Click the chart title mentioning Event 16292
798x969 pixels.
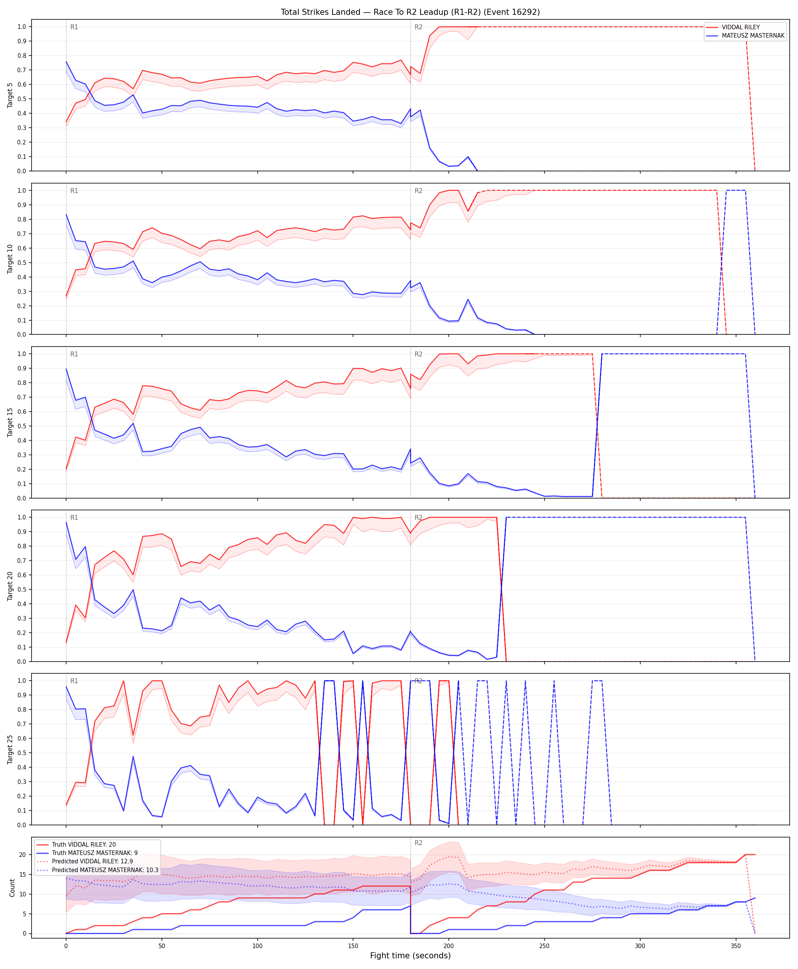[410, 12]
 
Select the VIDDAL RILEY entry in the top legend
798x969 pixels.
[741, 27]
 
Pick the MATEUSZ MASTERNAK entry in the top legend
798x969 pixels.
[753, 35]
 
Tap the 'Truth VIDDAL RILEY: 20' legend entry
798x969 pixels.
[84, 844]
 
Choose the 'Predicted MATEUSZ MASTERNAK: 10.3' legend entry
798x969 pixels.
[105, 870]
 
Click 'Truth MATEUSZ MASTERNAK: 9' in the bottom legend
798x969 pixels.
[95, 853]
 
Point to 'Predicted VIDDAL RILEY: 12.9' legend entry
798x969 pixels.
[92, 861]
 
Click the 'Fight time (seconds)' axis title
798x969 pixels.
[410, 956]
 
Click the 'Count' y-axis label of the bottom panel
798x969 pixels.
[12, 888]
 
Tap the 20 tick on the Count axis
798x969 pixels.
[22, 855]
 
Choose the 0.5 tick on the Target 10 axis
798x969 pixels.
[22, 263]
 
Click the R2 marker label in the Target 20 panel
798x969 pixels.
[418, 518]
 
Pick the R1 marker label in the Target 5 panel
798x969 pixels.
[74, 27]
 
